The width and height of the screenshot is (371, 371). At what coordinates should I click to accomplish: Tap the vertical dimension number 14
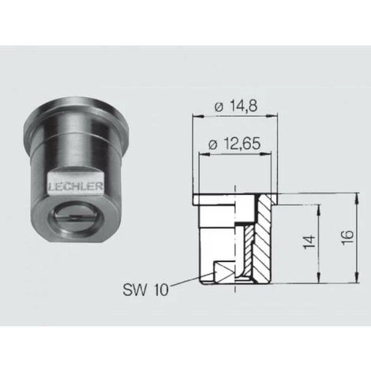click(309, 240)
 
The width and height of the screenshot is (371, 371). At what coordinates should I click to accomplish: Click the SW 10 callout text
click(146, 290)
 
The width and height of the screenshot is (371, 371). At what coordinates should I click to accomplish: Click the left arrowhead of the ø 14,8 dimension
click(195, 116)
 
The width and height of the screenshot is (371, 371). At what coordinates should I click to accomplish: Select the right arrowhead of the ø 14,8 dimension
click(277, 116)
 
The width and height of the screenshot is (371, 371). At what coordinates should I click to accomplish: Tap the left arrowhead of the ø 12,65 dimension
click(200, 154)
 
